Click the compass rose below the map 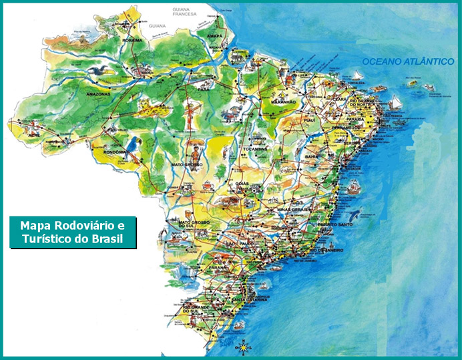coord(244,347)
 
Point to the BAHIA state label coord(312,156)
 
